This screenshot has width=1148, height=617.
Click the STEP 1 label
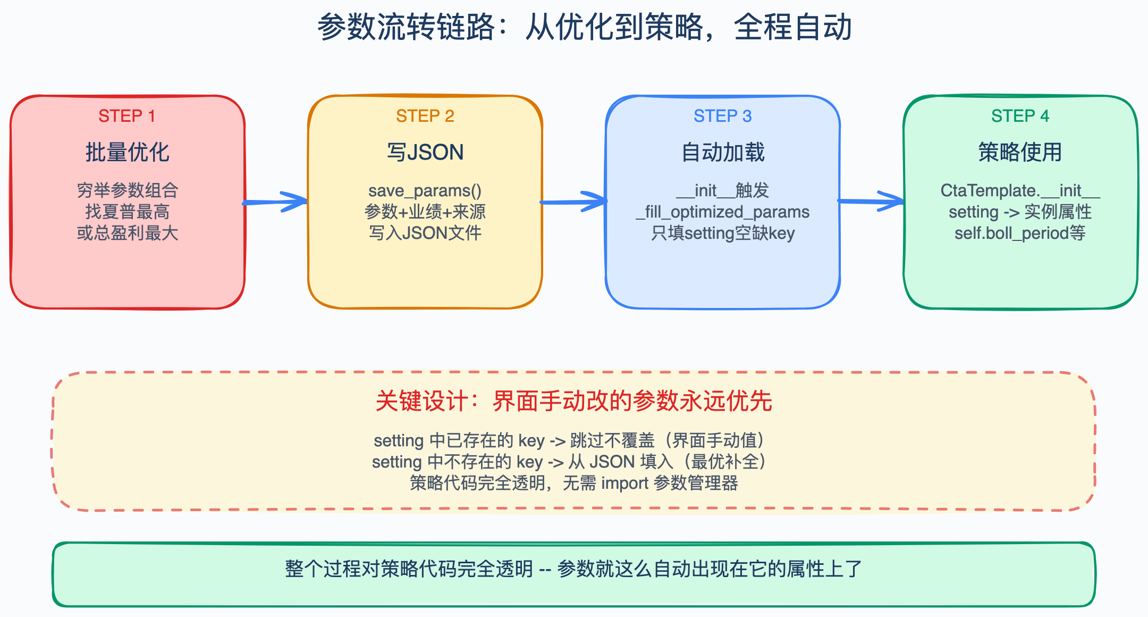click(x=127, y=116)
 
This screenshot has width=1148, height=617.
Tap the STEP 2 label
click(x=425, y=116)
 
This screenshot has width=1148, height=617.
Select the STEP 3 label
click(x=723, y=116)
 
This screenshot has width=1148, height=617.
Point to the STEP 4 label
click(x=1020, y=116)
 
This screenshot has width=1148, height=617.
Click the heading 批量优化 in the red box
click(x=128, y=152)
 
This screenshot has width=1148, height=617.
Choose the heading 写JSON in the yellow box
click(x=425, y=152)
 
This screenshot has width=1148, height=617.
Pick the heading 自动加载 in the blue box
click(x=723, y=152)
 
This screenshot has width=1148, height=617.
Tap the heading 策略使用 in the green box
click(x=1020, y=152)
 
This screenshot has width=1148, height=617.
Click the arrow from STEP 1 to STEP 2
click(x=275, y=202)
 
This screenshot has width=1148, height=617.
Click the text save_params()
click(x=425, y=190)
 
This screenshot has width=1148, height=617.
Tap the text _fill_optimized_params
click(x=723, y=212)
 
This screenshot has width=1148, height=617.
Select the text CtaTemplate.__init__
click(x=1020, y=190)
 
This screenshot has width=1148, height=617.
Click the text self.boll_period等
click(x=1020, y=233)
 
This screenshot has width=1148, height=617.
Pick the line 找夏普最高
click(x=128, y=212)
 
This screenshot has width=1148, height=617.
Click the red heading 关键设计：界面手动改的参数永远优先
click(x=574, y=401)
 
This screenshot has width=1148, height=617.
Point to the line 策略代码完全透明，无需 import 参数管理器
click(x=574, y=483)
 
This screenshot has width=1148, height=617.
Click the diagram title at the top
click(x=585, y=27)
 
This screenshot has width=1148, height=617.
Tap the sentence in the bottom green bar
click(x=574, y=569)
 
